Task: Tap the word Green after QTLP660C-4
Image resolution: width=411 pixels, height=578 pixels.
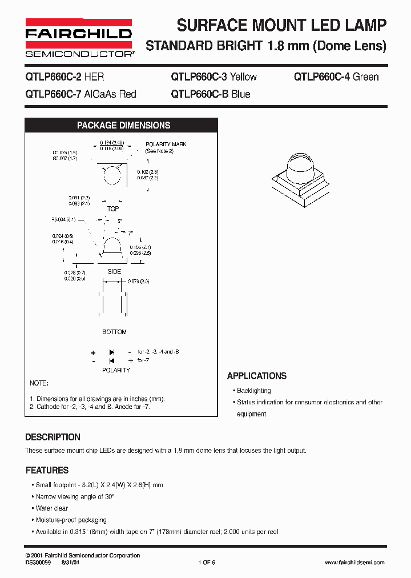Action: [x=365, y=77]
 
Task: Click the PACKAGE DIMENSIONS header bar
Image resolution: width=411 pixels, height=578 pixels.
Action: [x=123, y=126]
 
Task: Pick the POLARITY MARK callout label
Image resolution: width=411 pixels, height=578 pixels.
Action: [x=166, y=144]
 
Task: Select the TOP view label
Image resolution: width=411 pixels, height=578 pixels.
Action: [x=113, y=209]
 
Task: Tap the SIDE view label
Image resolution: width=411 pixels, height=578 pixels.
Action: [x=114, y=271]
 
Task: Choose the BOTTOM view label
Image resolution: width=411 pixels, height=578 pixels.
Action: [x=114, y=332]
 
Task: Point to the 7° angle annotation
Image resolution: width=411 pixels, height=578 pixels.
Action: [x=130, y=233]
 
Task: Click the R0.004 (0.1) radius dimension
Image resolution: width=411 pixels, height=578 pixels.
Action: [x=63, y=219]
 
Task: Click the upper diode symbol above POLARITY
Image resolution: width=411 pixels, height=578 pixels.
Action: [x=112, y=352]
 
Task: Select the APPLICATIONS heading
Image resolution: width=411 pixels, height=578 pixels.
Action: [x=256, y=376]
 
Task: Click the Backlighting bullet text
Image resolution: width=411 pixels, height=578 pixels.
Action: [x=254, y=391]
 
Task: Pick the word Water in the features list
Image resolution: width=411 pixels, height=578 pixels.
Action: [x=44, y=508]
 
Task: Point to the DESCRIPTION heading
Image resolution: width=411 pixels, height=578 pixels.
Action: [x=53, y=437]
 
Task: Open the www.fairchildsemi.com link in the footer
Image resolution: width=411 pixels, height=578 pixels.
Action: [x=354, y=563]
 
